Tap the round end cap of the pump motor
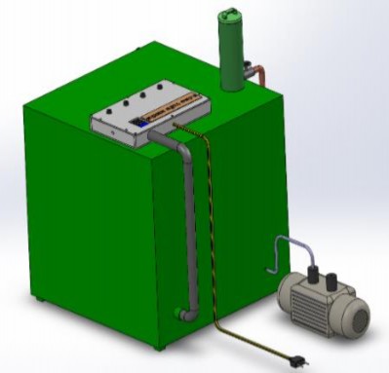click(x=355, y=313)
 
